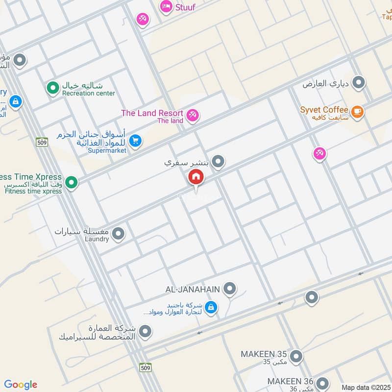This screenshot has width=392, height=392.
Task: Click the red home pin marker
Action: (196, 177)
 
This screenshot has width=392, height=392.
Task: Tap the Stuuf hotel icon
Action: (166, 6)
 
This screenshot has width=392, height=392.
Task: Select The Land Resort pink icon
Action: (193, 115)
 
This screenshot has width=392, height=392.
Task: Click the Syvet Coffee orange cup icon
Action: (358, 112)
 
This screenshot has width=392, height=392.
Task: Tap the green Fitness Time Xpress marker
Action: (72, 183)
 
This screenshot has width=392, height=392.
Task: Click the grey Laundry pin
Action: (118, 235)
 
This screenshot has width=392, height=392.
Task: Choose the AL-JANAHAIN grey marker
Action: (229, 289)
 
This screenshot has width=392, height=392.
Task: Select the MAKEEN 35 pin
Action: (295, 357)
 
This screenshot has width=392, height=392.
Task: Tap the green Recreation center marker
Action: (52, 88)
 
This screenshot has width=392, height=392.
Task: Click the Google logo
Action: (21, 385)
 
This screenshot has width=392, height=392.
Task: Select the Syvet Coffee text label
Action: (324, 110)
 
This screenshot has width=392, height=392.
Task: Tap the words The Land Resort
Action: (152, 113)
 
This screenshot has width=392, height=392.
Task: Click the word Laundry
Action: (96, 240)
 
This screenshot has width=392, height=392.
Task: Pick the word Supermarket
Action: (107, 150)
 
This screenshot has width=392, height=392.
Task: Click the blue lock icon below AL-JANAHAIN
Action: (211, 307)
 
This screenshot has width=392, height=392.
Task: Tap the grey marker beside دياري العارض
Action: (359, 83)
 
